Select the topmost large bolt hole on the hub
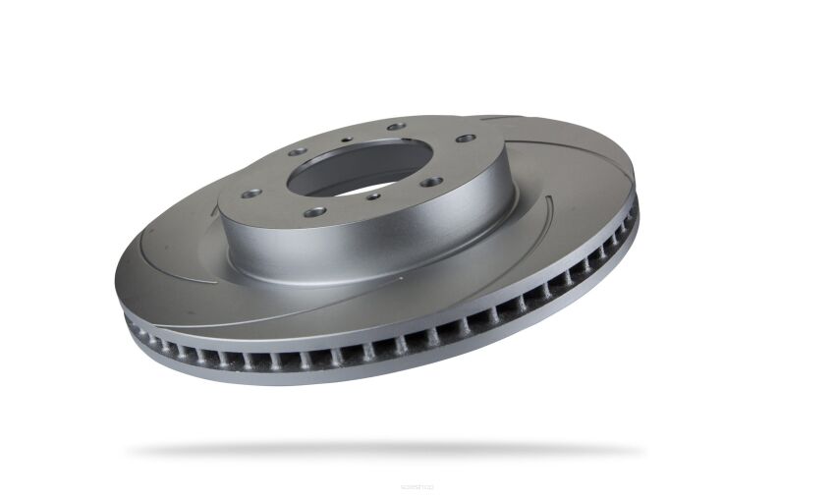(396, 127)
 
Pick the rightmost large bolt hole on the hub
(465, 139)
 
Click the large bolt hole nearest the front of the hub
(314, 211)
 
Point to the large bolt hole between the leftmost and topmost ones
(298, 152)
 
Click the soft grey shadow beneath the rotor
(383, 450)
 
